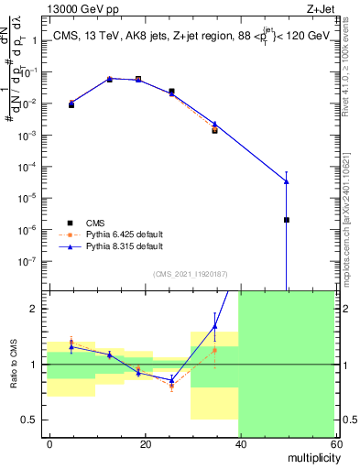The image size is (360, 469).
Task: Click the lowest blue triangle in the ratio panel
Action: [x=171, y=379]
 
